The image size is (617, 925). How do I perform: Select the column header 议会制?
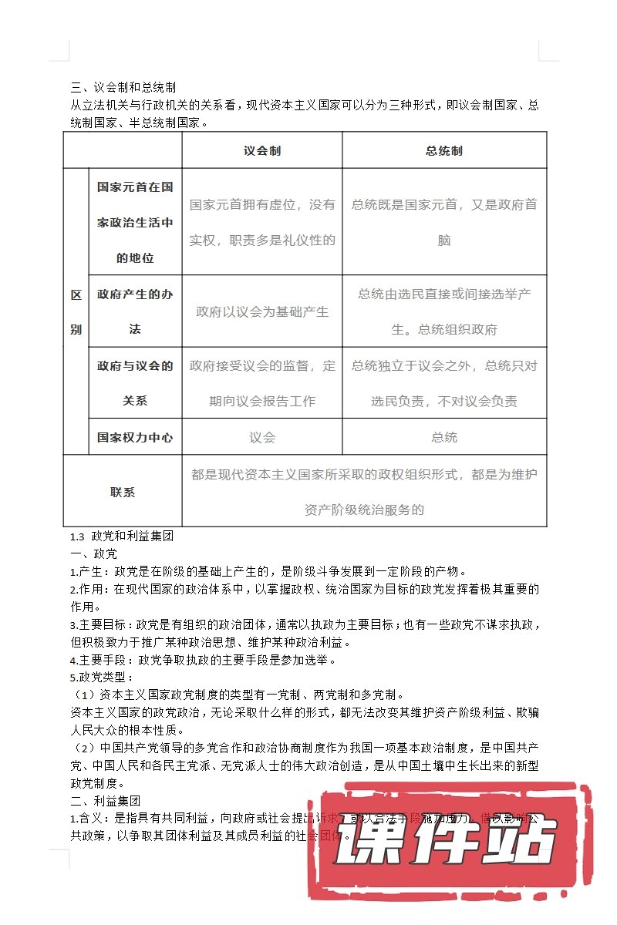coord(262,150)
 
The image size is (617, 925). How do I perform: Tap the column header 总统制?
coord(444,150)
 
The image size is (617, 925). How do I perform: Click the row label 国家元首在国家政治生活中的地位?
coord(135,222)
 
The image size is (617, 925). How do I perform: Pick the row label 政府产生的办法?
coord(135,311)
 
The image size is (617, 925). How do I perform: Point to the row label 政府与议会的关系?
coord(135,383)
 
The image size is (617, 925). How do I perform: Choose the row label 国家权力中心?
coord(135,438)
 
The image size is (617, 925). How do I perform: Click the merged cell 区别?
coord(76,311)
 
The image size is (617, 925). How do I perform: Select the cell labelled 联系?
coord(123,492)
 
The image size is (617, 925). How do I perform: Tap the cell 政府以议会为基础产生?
coord(262,311)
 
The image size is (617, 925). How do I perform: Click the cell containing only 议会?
coord(262,438)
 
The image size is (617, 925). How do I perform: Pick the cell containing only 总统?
coord(444,438)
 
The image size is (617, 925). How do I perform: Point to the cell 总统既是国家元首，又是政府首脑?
coord(444,222)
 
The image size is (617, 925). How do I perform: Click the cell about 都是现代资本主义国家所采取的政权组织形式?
coord(364,492)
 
